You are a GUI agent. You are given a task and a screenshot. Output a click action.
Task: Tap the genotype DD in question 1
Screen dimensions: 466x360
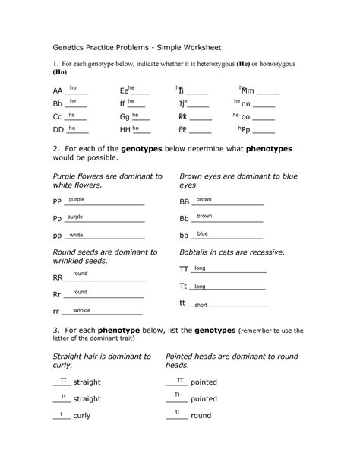pyautogui.click(x=58, y=131)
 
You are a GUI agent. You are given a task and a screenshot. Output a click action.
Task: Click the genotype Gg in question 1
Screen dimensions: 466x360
pyautogui.click(x=125, y=118)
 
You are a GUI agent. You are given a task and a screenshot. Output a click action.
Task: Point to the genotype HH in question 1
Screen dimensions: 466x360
pyautogui.click(x=125, y=131)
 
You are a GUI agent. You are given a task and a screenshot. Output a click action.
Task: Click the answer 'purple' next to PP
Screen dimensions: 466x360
pyautogui.click(x=76, y=199)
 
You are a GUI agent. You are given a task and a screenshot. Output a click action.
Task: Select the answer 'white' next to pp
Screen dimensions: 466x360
pyautogui.click(x=76, y=235)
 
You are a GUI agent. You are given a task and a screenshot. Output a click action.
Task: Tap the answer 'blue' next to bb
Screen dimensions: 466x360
pyautogui.click(x=203, y=234)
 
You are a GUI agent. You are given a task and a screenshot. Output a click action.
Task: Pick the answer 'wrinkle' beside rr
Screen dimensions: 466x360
pyautogui.click(x=81, y=310)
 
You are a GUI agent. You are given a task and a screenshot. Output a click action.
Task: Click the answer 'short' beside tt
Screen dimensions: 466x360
pyautogui.click(x=201, y=305)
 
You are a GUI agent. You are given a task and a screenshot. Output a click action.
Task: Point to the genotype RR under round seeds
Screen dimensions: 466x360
pyautogui.click(x=58, y=278)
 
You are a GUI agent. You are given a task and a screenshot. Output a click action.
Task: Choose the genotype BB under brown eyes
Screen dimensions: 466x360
pyautogui.click(x=184, y=202)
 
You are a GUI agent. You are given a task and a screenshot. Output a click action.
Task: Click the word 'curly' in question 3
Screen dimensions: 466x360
pyautogui.click(x=81, y=417)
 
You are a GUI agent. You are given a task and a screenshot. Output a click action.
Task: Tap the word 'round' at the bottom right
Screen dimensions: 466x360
pyautogui.click(x=201, y=417)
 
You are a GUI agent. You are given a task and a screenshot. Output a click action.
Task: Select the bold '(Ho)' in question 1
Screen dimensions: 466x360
pyautogui.click(x=60, y=73)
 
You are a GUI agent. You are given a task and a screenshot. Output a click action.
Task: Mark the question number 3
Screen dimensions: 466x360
pyautogui.click(x=55, y=331)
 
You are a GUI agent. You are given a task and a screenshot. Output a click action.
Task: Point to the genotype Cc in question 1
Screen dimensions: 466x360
pyautogui.click(x=58, y=118)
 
